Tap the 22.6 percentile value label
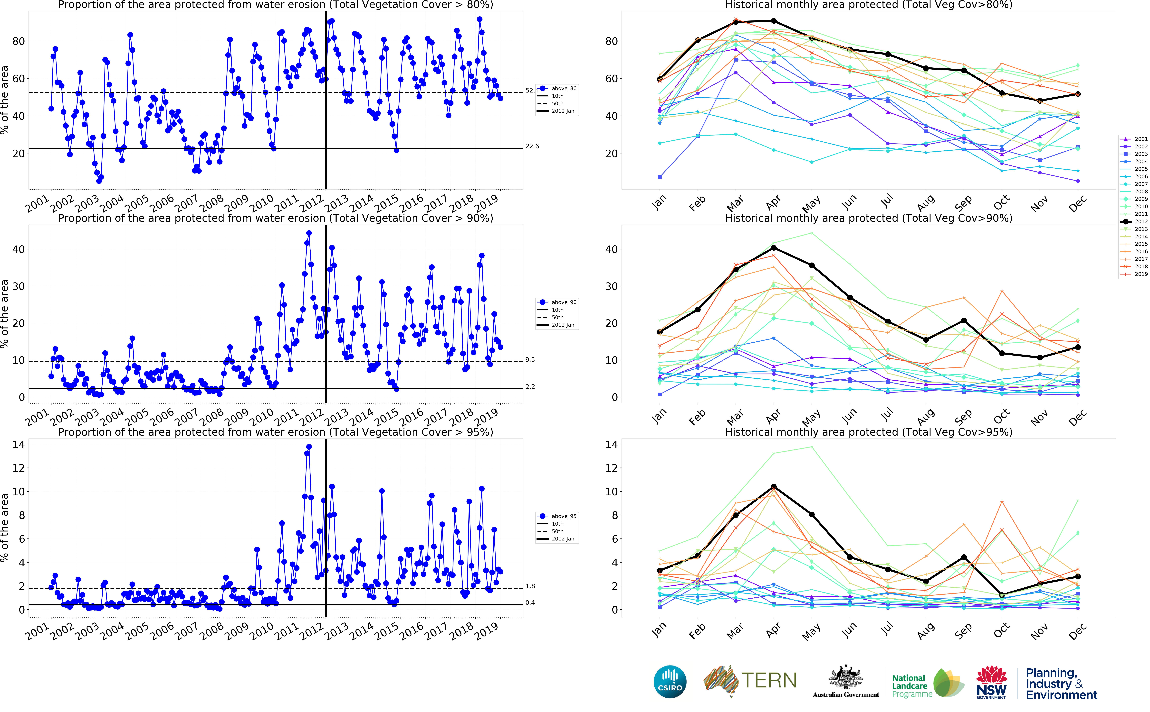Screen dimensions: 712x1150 (x=532, y=146)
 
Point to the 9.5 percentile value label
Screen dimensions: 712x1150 (x=530, y=360)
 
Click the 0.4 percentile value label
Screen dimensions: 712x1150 (x=530, y=603)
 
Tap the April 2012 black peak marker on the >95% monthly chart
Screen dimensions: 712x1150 (x=774, y=486)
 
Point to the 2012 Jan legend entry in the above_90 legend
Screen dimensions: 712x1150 (x=563, y=325)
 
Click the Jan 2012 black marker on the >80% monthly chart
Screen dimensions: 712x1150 (x=660, y=80)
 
